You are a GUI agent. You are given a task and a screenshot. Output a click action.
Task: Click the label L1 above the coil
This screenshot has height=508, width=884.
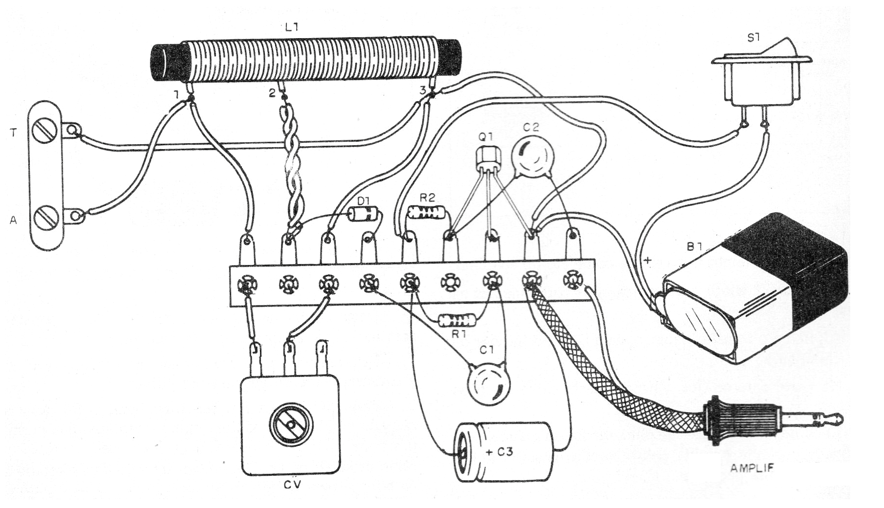pos(292,28)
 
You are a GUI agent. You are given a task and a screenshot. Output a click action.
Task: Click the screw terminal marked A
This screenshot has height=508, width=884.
pos(45,216)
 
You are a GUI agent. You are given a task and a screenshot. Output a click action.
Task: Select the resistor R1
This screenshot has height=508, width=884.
pos(457,321)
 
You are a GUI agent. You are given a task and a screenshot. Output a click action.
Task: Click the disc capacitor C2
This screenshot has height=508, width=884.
pos(529,155)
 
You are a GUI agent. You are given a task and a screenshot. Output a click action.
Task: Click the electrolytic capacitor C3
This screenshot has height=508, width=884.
pos(503,452)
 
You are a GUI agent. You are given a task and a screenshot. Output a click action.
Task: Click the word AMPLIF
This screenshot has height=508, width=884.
pos(752,468)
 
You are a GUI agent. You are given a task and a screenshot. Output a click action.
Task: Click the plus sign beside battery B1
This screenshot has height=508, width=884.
pos(648,261)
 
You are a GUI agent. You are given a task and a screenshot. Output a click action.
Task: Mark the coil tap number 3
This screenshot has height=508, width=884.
pos(422,90)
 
